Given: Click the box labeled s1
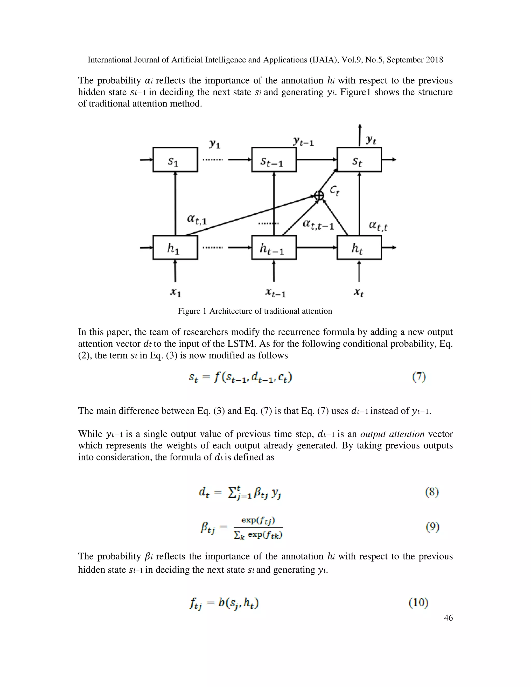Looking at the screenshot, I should [175, 160].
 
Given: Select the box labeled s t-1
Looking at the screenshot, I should [274, 160].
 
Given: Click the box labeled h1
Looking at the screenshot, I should [175, 248].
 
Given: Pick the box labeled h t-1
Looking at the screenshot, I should [274, 248].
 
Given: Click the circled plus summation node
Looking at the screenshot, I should [319, 195].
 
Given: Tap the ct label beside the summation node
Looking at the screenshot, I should [334, 191].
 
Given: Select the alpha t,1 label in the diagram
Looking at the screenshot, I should [197, 219].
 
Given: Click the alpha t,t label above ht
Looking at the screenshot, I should [378, 226].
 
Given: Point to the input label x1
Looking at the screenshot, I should [176, 292].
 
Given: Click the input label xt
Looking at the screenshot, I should [359, 292].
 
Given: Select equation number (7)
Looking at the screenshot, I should [419, 377].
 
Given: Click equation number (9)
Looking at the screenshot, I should [432, 526].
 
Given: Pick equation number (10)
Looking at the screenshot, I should [418, 602].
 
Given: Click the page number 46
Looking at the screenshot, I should [448, 618].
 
